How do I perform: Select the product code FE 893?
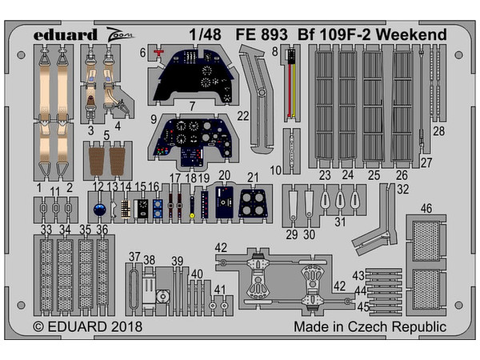pyautogui.click(x=258, y=35)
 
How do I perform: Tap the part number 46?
pyautogui.click(x=426, y=208)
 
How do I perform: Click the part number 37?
pyautogui.click(x=134, y=257)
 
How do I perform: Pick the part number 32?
pyautogui.click(x=402, y=190)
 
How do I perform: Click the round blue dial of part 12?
pyautogui.click(x=98, y=210)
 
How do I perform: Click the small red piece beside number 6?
pyautogui.click(x=158, y=52)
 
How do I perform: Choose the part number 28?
pyautogui.click(x=438, y=131)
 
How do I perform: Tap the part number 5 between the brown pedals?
pyautogui.click(x=106, y=135)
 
